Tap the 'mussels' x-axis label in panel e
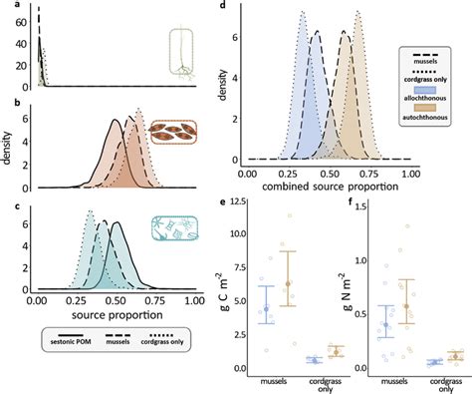[286, 380]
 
